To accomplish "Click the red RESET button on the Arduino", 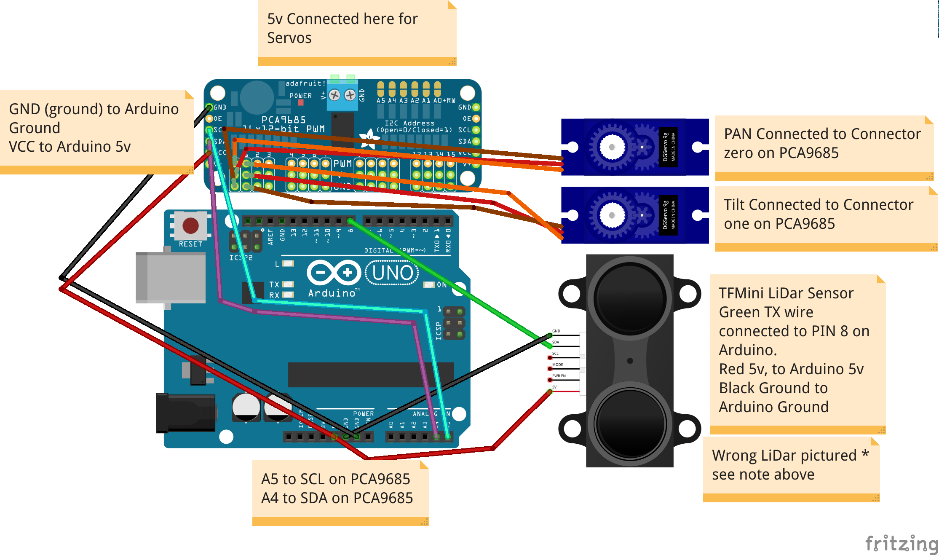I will (x=190, y=225).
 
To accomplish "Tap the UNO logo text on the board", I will (x=392, y=273).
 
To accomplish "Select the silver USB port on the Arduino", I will (x=171, y=277).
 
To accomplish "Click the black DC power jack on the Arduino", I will (x=186, y=413).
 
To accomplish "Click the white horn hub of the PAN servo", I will (x=612, y=147).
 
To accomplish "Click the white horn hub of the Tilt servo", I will (x=612, y=215).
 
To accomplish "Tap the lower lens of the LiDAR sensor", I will (x=630, y=422).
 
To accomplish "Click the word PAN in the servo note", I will (x=738, y=134).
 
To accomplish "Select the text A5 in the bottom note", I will (x=270, y=479).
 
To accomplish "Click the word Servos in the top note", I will (x=289, y=38).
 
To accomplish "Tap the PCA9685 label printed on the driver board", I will (x=284, y=120).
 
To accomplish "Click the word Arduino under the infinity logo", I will (x=332, y=293).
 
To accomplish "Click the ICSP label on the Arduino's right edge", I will (x=438, y=331).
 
